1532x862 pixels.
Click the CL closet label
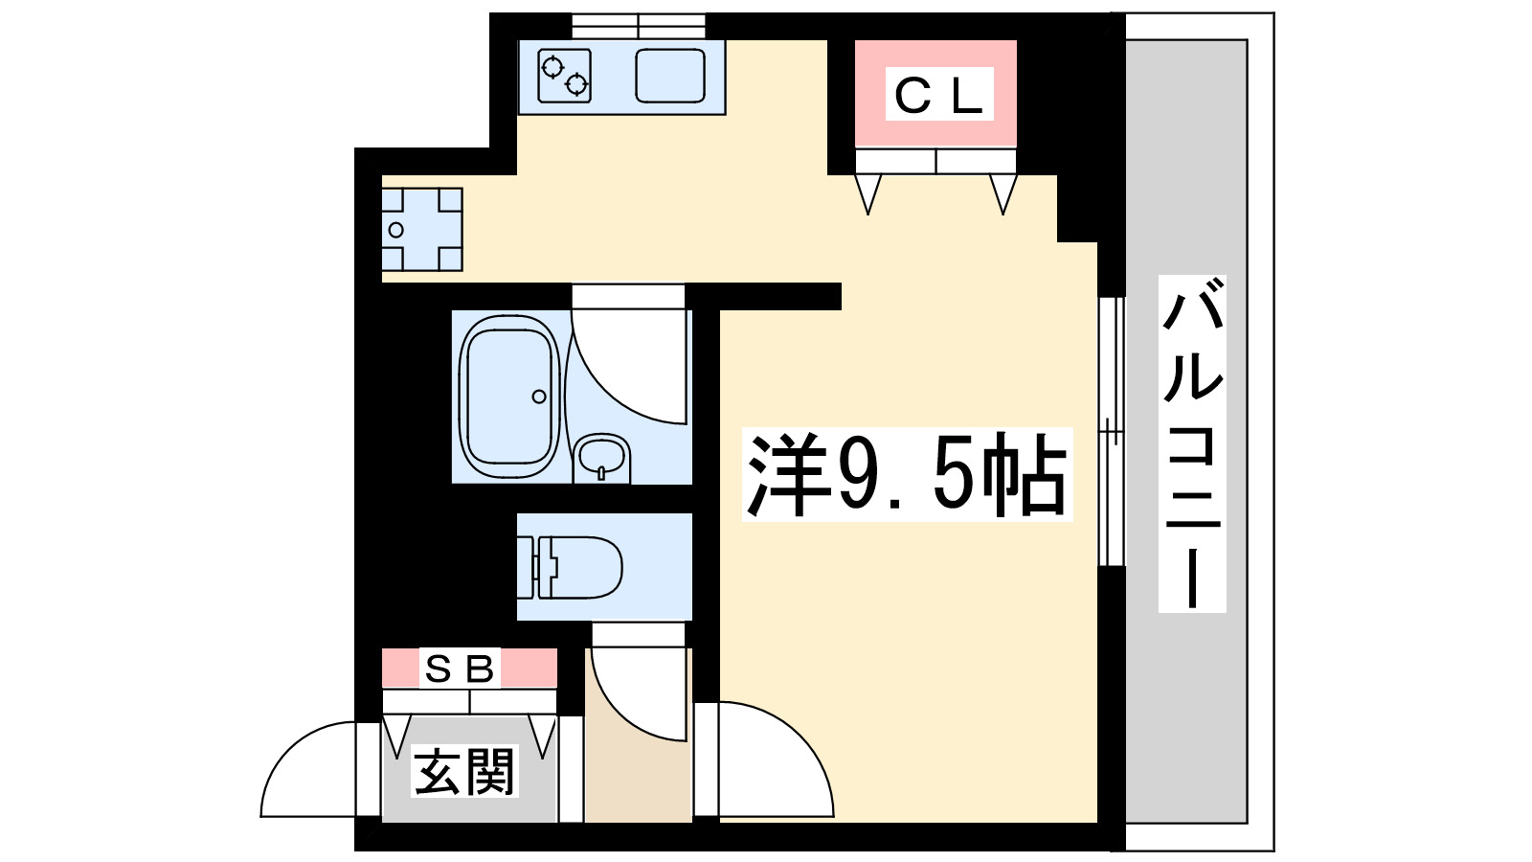(x=938, y=95)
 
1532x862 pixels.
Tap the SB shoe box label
(x=460, y=669)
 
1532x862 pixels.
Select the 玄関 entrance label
(x=465, y=772)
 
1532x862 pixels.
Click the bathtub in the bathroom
(x=508, y=396)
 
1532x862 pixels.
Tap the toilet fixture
(x=578, y=567)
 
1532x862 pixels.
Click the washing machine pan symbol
(x=421, y=230)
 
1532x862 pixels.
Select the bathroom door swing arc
(x=627, y=369)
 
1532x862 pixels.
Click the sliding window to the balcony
(x=1111, y=431)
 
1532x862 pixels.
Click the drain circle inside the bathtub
(x=539, y=397)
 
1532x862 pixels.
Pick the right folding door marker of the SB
(x=544, y=736)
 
